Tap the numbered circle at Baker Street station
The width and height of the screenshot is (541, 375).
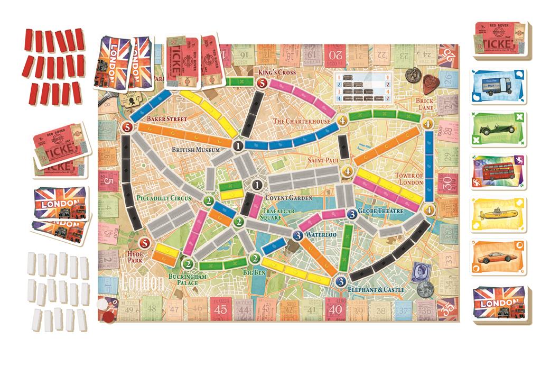click(127, 127)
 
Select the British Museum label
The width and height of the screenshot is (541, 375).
click(197, 150)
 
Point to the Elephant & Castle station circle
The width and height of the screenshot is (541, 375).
click(341, 281)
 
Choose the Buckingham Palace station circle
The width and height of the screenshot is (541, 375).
click(186, 264)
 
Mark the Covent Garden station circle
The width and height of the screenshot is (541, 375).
click(257, 185)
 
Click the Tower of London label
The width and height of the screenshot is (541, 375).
click(409, 179)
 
